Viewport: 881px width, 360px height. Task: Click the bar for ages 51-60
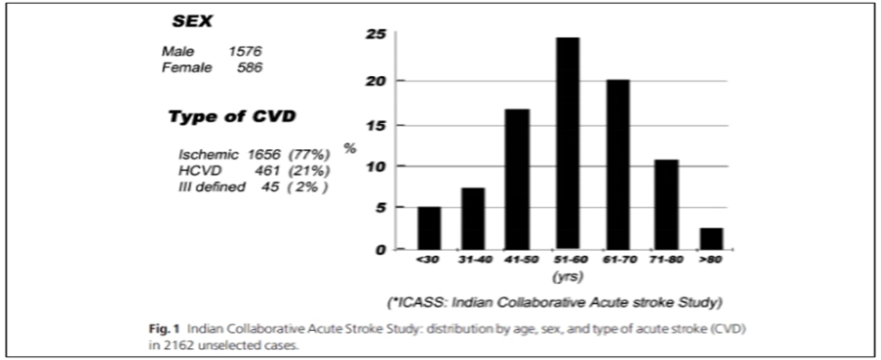coord(567,143)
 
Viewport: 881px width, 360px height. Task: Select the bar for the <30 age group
coord(430,228)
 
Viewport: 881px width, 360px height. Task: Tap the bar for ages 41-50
coord(516,179)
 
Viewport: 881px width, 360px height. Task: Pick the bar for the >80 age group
coord(711,239)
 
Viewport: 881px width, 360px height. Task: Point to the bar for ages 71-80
coord(667,204)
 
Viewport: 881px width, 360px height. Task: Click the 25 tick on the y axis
coord(377,34)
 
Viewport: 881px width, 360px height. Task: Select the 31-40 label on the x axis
coord(472,260)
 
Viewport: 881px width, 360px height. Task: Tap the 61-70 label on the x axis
coord(618,260)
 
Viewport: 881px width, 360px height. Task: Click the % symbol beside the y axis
coord(351,149)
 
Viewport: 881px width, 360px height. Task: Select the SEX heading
coord(192,23)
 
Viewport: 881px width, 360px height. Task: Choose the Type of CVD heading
coord(232,118)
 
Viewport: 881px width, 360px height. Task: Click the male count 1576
coord(245,52)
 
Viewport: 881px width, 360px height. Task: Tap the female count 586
coord(250,68)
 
